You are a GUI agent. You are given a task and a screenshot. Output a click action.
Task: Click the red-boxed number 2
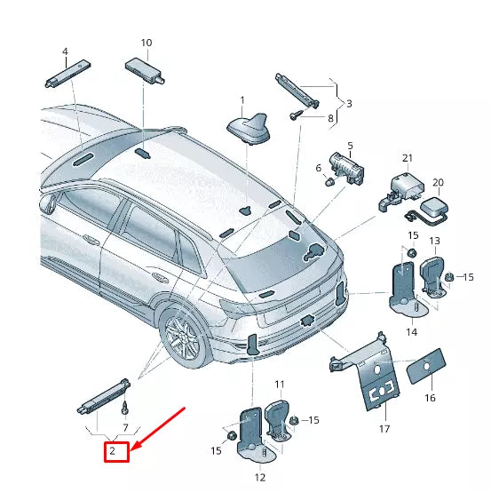pyautogui.click(x=113, y=452)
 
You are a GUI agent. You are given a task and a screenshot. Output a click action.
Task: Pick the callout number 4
pyautogui.click(x=64, y=52)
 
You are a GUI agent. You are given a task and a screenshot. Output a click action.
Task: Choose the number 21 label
pyautogui.click(x=408, y=158)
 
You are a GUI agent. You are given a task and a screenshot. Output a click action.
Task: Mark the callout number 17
pyautogui.click(x=384, y=429)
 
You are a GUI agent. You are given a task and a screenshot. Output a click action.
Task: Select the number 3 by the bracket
pyautogui.click(x=349, y=104)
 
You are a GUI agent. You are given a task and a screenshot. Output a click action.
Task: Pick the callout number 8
pyautogui.click(x=330, y=118)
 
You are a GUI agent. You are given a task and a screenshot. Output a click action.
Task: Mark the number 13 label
pyautogui.click(x=434, y=242)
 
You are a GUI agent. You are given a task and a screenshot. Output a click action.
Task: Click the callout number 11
pyautogui.click(x=279, y=385)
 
